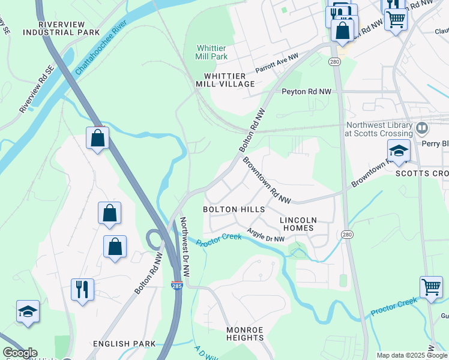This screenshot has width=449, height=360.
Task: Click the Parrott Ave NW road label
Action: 277,63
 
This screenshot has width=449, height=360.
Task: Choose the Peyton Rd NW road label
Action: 306,92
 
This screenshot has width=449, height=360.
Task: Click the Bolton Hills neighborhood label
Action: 234,209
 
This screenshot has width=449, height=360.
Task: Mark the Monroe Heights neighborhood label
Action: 245,334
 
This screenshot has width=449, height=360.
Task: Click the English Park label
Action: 124,344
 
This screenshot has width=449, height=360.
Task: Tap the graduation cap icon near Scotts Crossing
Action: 399,151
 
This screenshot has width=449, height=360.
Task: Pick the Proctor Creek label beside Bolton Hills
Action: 219,240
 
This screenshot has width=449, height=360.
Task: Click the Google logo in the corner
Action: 19,353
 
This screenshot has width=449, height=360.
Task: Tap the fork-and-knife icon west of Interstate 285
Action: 82,289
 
